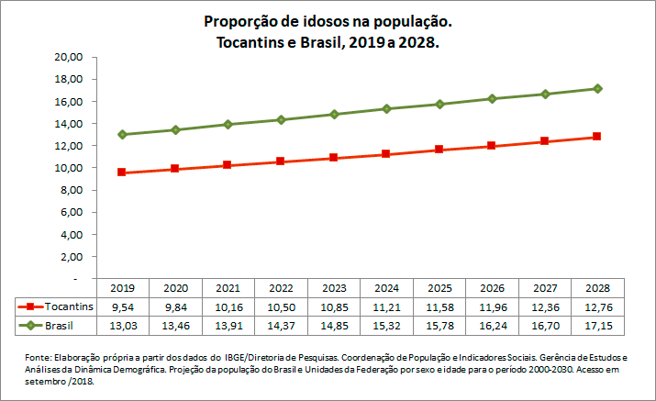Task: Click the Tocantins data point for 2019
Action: [122, 173]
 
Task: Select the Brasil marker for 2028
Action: [597, 88]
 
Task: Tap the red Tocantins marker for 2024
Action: [386, 154]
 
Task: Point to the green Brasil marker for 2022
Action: [281, 119]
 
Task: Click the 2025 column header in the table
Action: [439, 288]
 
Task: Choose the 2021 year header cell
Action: [228, 288]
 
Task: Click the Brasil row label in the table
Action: [60, 326]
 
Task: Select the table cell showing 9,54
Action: [122, 307]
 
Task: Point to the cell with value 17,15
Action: [597, 326]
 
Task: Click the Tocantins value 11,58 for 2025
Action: [439, 307]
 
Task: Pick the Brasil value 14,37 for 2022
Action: [281, 326]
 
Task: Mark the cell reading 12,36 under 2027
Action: [545, 307]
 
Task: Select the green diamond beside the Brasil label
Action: [30, 326]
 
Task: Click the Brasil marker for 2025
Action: [439, 104]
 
